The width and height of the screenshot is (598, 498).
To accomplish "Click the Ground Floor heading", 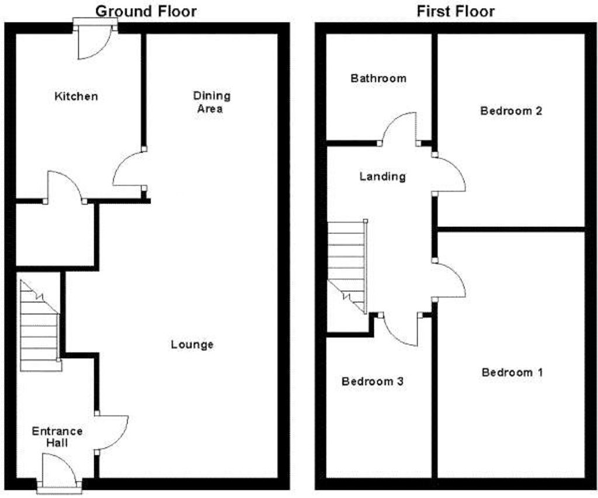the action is tap(145, 11).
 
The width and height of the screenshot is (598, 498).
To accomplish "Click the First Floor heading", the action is tap(456, 11).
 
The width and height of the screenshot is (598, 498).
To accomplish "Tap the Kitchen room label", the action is tap(76, 96).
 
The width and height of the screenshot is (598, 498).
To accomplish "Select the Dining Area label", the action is tap(212, 102).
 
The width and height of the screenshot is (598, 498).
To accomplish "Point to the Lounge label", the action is tap(192, 344).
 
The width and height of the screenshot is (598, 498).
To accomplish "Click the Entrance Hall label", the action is tap(57, 437).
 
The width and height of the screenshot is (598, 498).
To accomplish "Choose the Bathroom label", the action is tap(378, 78).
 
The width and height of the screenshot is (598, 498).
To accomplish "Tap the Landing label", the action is tap(383, 176).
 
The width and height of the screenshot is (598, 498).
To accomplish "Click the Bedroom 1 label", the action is tap(512, 372).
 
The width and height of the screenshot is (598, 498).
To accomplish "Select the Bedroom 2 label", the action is tap(511, 110).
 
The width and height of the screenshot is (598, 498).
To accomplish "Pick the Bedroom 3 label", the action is tap(373, 382).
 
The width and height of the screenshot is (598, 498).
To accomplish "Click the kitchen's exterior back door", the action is tap(93, 44).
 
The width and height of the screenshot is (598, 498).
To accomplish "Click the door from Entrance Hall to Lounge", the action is tap(112, 433).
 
